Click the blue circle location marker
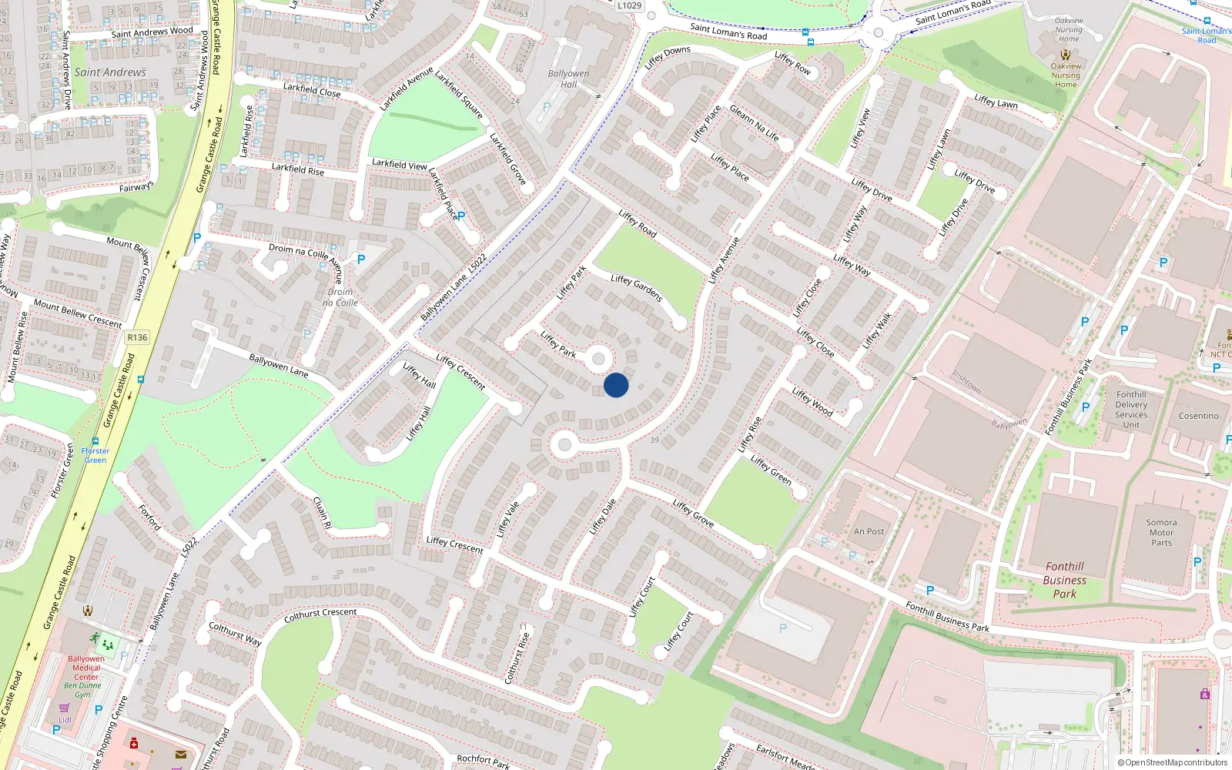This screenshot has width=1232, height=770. (616, 385)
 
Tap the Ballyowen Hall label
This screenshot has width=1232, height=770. (568, 79)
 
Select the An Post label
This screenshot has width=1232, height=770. (869, 531)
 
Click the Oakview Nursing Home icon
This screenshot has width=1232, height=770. (1066, 54)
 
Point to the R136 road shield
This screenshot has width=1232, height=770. (137, 337)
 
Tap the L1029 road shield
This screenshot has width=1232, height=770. (629, 5)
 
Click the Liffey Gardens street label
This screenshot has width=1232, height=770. (637, 287)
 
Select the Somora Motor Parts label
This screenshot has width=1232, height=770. (1161, 532)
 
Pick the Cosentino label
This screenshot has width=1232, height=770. (1198, 416)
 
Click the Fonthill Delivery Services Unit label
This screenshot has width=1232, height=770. (1131, 410)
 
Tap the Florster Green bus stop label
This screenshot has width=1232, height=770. (95, 455)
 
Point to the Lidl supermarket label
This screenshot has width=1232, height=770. (65, 720)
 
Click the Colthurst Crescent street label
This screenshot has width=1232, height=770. (320, 615)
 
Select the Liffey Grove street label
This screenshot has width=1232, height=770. (693, 513)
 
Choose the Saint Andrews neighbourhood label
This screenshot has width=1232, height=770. (110, 72)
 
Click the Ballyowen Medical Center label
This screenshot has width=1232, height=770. (86, 668)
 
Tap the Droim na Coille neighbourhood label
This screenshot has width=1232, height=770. (340, 297)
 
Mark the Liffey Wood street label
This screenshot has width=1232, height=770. (812, 402)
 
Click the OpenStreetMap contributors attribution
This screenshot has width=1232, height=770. (1173, 762)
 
